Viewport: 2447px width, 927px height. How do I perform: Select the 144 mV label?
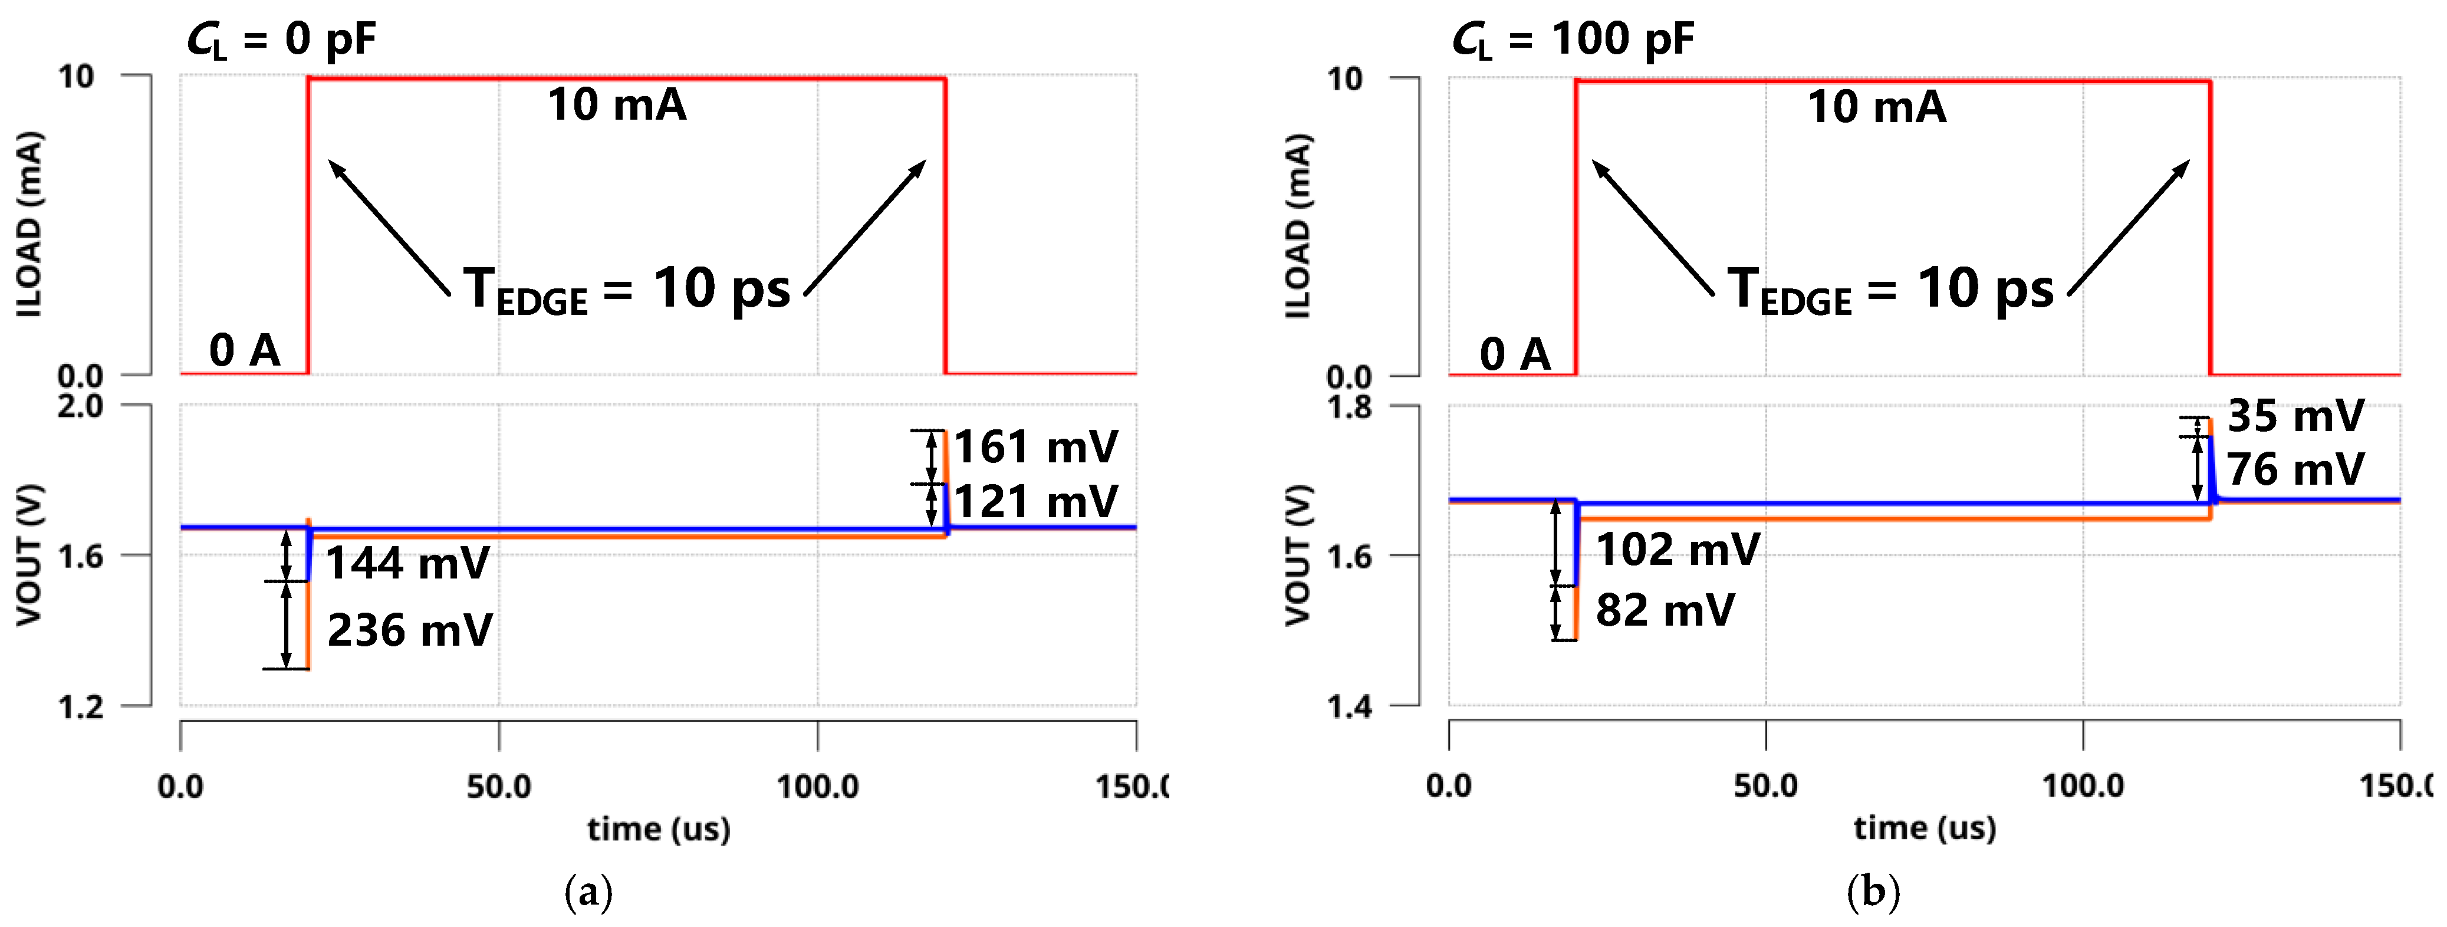(x=407, y=563)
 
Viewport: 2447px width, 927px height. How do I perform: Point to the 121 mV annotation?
(x=1037, y=501)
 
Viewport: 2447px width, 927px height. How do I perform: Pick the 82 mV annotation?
(x=1665, y=610)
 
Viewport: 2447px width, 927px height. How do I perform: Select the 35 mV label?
(x=2295, y=416)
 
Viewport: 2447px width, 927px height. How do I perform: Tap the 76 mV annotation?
(x=2295, y=469)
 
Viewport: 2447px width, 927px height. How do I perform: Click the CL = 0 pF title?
(x=281, y=40)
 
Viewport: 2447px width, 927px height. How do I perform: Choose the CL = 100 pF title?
(x=1573, y=40)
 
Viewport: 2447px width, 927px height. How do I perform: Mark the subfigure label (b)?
(x=1873, y=893)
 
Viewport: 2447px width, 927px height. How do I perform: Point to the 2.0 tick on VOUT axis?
(x=81, y=406)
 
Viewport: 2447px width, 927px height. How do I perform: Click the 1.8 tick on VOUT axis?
(x=1349, y=407)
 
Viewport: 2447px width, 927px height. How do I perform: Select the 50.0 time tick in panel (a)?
(x=499, y=787)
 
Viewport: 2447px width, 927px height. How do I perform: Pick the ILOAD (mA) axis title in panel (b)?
(x=1298, y=226)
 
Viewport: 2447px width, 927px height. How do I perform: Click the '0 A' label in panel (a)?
(x=244, y=350)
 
